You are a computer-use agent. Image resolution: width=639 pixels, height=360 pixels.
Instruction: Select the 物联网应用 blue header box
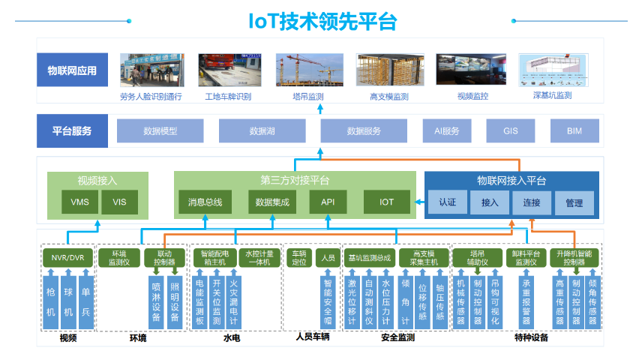pos(72,72)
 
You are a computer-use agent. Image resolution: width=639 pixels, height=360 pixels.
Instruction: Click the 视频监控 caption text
pos(472,96)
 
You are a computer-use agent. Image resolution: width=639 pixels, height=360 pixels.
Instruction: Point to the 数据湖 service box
pos(262,131)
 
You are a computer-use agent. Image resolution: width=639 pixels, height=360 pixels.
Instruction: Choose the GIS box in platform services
pos(511,131)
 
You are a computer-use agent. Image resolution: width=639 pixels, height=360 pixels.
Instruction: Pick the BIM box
pos(574,131)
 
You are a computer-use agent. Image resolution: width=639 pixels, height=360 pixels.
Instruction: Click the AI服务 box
pos(447,131)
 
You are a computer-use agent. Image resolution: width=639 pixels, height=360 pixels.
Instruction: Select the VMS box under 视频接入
pos(79,202)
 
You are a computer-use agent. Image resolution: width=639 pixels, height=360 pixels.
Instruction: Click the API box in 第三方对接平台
pos(328,202)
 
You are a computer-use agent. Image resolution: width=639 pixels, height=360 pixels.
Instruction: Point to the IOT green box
pos(386,202)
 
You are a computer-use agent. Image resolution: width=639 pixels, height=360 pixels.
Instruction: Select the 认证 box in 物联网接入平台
pos(447,202)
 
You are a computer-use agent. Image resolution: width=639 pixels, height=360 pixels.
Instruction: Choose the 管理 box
pos(574,202)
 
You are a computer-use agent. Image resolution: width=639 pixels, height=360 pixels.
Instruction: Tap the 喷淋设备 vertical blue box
pos(156,302)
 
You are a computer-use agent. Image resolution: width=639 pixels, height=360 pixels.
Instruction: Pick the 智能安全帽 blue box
pos(327,298)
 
